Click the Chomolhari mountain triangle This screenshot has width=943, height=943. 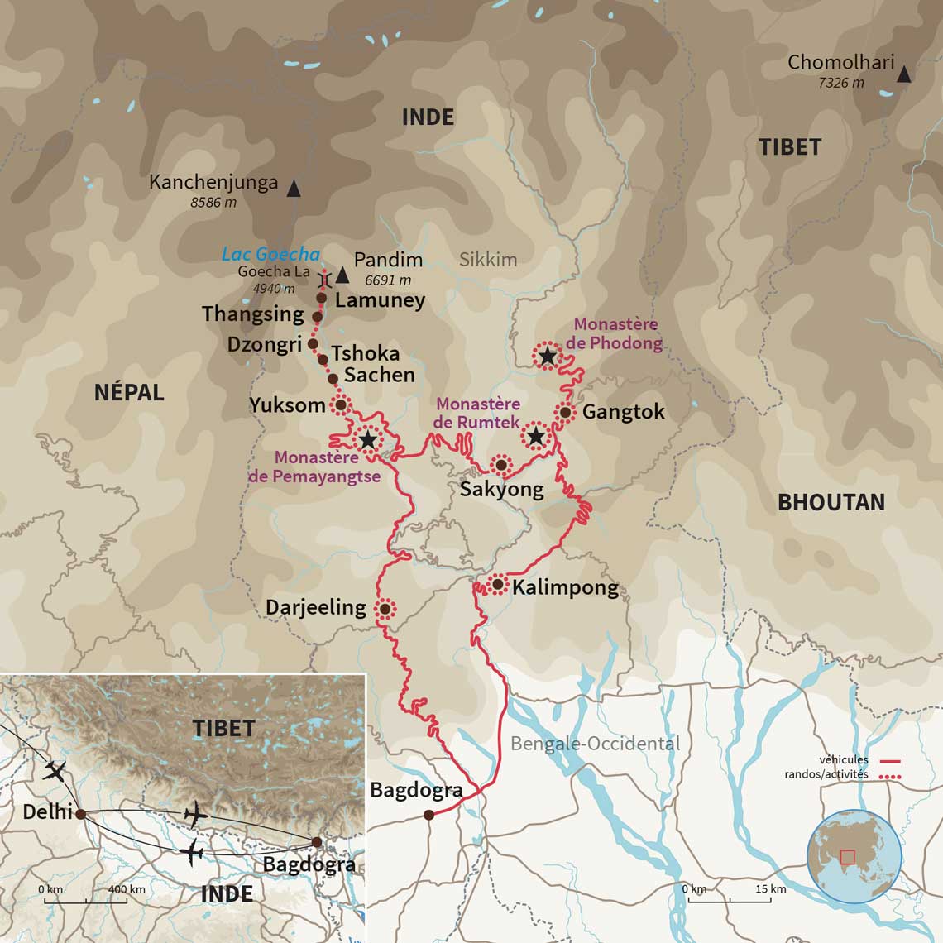pyautogui.click(x=904, y=74)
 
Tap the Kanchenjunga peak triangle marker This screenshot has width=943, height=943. pyautogui.click(x=293, y=189)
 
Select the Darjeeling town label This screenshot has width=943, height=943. pyautogui.click(x=315, y=607)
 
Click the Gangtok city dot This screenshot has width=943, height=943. pyautogui.click(x=565, y=412)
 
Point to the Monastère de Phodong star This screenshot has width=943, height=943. pyautogui.click(x=548, y=357)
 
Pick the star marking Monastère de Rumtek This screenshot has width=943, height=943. pyautogui.click(x=536, y=435)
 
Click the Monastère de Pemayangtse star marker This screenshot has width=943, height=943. pyautogui.click(x=367, y=439)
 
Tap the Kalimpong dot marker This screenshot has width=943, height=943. pyautogui.click(x=498, y=585)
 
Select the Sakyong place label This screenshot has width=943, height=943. pyautogui.click(x=501, y=489)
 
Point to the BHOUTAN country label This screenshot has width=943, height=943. pyautogui.click(x=831, y=502)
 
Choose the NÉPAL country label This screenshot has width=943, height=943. pyautogui.click(x=129, y=392)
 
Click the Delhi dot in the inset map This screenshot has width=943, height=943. pyautogui.click(x=81, y=814)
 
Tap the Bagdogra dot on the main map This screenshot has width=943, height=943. pyautogui.click(x=428, y=815)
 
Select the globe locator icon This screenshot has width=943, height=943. pyautogui.click(x=854, y=855)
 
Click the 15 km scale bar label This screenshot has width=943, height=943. pyautogui.click(x=770, y=889)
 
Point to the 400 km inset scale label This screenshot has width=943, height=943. pyautogui.click(x=127, y=889)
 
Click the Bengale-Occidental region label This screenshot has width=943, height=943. pyautogui.click(x=595, y=744)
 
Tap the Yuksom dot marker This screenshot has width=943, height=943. pyautogui.click(x=340, y=404)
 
